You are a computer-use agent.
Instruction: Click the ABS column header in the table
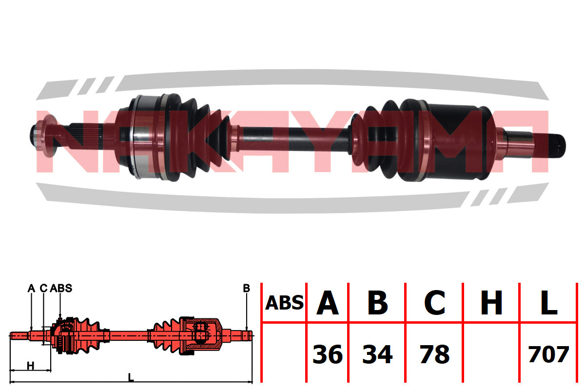click(x=284, y=303)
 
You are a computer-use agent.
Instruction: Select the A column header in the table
click(x=328, y=302)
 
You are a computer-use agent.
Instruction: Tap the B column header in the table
click(x=378, y=302)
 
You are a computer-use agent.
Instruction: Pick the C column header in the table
click(x=434, y=302)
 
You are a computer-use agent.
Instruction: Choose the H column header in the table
click(x=491, y=302)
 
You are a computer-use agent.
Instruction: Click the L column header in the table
click(x=549, y=302)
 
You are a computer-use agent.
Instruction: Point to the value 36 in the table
click(x=328, y=354)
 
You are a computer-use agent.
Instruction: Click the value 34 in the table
click(x=377, y=354)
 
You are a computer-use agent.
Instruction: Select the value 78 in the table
click(x=434, y=354)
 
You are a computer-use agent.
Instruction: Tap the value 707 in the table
click(x=548, y=354)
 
